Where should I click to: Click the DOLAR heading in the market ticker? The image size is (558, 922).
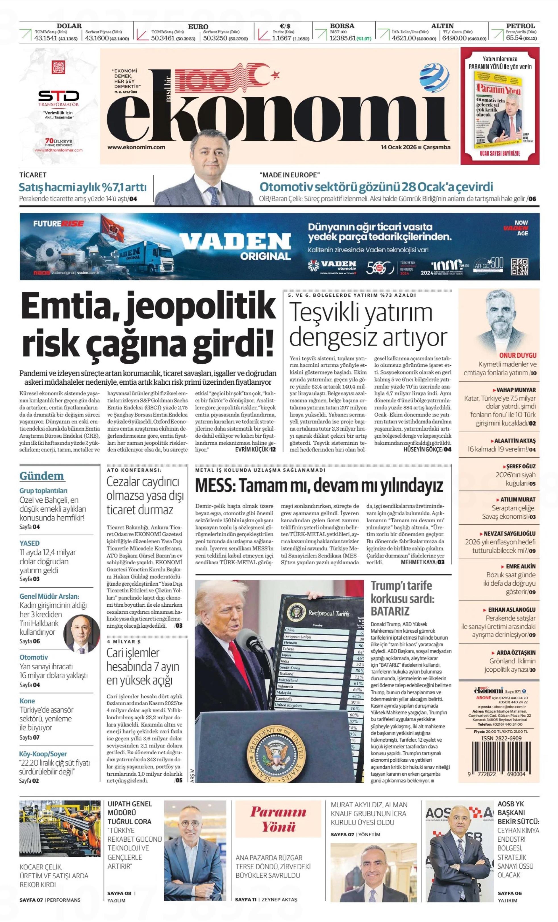[69, 26]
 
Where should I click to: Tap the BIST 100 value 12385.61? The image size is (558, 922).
[342, 38]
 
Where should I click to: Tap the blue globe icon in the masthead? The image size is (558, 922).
[434, 75]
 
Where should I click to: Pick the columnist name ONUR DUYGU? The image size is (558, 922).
[518, 355]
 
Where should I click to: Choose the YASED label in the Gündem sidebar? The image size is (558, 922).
[30, 543]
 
